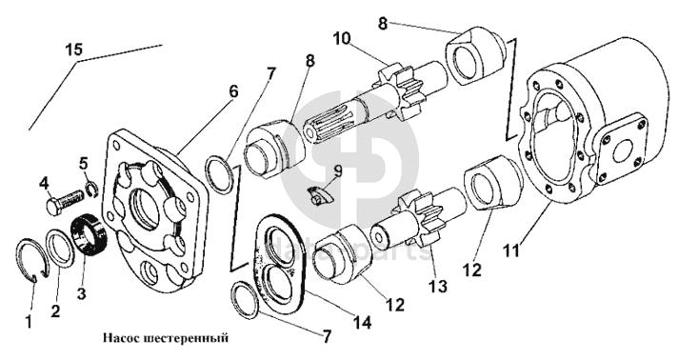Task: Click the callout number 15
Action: pos(75,49)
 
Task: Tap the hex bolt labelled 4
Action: pos(65,202)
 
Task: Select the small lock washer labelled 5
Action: pos(91,189)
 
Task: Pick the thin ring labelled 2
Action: pos(60,250)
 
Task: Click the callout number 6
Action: pos(233,91)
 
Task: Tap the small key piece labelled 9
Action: pos(319,195)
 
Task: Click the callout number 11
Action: pos(511,250)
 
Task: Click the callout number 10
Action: pos(342,39)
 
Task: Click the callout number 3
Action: pos(82,293)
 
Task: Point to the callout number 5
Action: pos(84,164)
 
